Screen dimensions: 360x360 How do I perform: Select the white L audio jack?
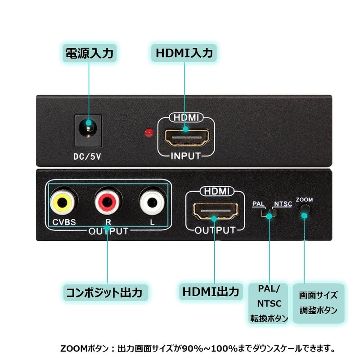(x=152, y=201)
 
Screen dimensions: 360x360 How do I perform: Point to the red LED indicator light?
(x=147, y=132)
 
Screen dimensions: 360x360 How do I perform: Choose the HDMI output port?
(x=215, y=211)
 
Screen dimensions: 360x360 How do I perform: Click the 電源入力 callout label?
(x=89, y=53)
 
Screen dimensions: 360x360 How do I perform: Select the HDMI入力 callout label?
(x=184, y=53)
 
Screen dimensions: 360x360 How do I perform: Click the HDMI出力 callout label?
(x=211, y=291)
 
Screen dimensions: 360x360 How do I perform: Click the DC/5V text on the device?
(x=88, y=158)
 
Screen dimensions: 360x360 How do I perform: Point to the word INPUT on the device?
(x=185, y=156)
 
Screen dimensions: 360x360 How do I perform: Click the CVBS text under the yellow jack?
(x=63, y=222)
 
